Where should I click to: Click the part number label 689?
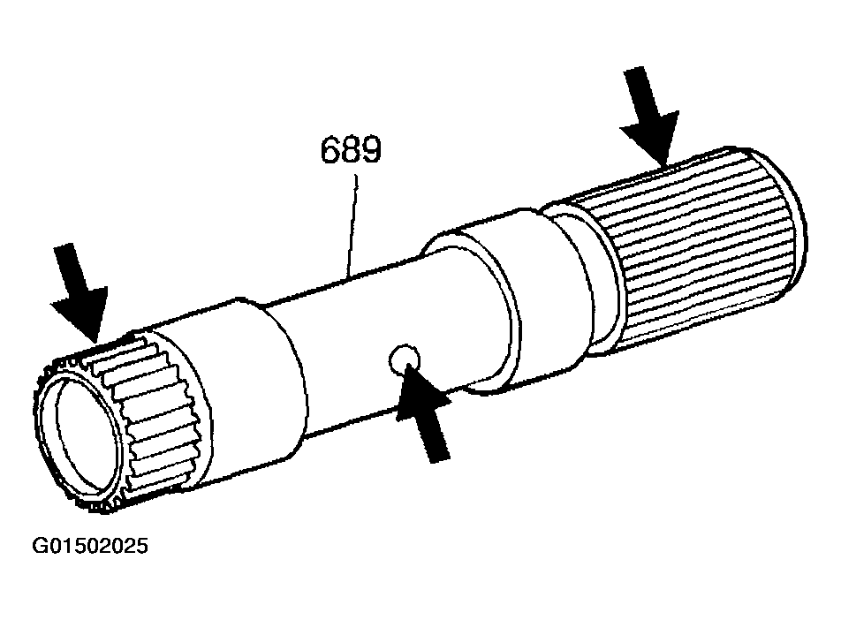click(x=351, y=149)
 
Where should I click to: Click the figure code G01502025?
click(x=90, y=546)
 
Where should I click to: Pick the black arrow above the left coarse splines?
click(x=80, y=292)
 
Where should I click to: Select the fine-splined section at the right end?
click(x=697, y=246)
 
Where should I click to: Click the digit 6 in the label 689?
click(x=331, y=149)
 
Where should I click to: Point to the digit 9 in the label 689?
click(x=372, y=149)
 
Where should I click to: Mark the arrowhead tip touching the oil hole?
click(x=409, y=364)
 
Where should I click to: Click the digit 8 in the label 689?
click(x=352, y=149)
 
